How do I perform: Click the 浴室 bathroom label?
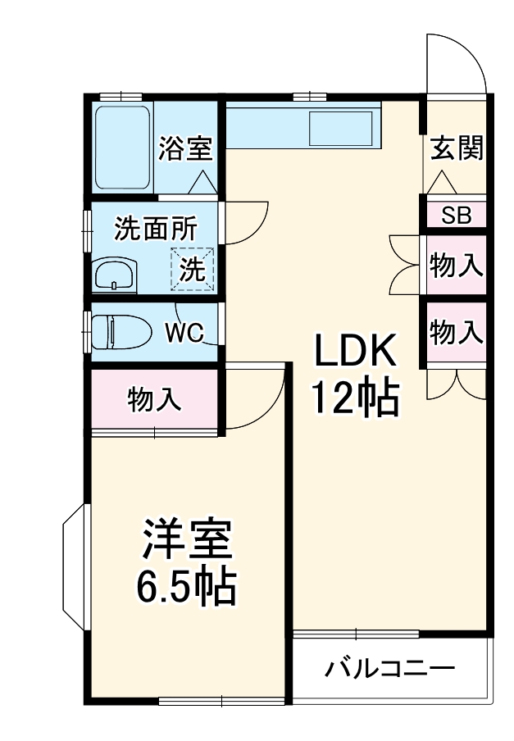[185, 149]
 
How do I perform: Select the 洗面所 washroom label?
[155, 229]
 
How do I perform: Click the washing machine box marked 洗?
[193, 269]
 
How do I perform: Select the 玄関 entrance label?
[457, 148]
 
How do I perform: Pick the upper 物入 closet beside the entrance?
[456, 266]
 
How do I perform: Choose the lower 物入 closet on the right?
[456, 331]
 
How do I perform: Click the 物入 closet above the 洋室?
[153, 399]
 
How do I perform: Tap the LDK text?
[356, 352]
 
